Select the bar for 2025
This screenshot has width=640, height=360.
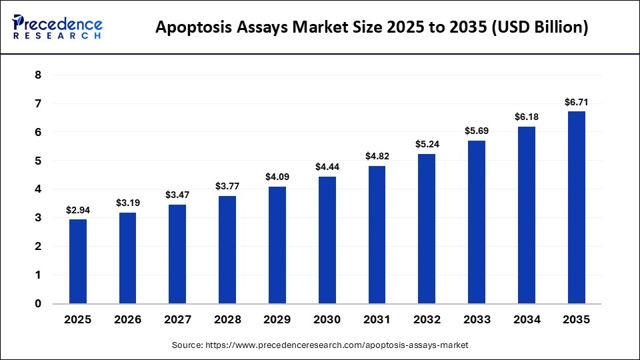78,261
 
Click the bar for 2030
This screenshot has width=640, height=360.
327,240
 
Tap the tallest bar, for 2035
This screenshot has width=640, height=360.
577,207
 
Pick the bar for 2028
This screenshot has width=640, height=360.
227,249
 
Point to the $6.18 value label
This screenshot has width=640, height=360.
527,117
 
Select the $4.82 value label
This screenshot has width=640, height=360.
377,156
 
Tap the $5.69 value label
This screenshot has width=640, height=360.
477,131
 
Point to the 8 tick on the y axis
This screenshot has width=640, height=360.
38,75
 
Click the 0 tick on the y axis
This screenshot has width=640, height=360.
38,304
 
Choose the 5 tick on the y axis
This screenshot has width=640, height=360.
38,161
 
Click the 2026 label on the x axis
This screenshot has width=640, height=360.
128,320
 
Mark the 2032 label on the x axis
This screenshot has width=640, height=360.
427,320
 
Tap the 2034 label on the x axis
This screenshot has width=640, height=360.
527,320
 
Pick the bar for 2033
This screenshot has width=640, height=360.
477,222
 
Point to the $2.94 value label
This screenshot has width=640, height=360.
78,210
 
